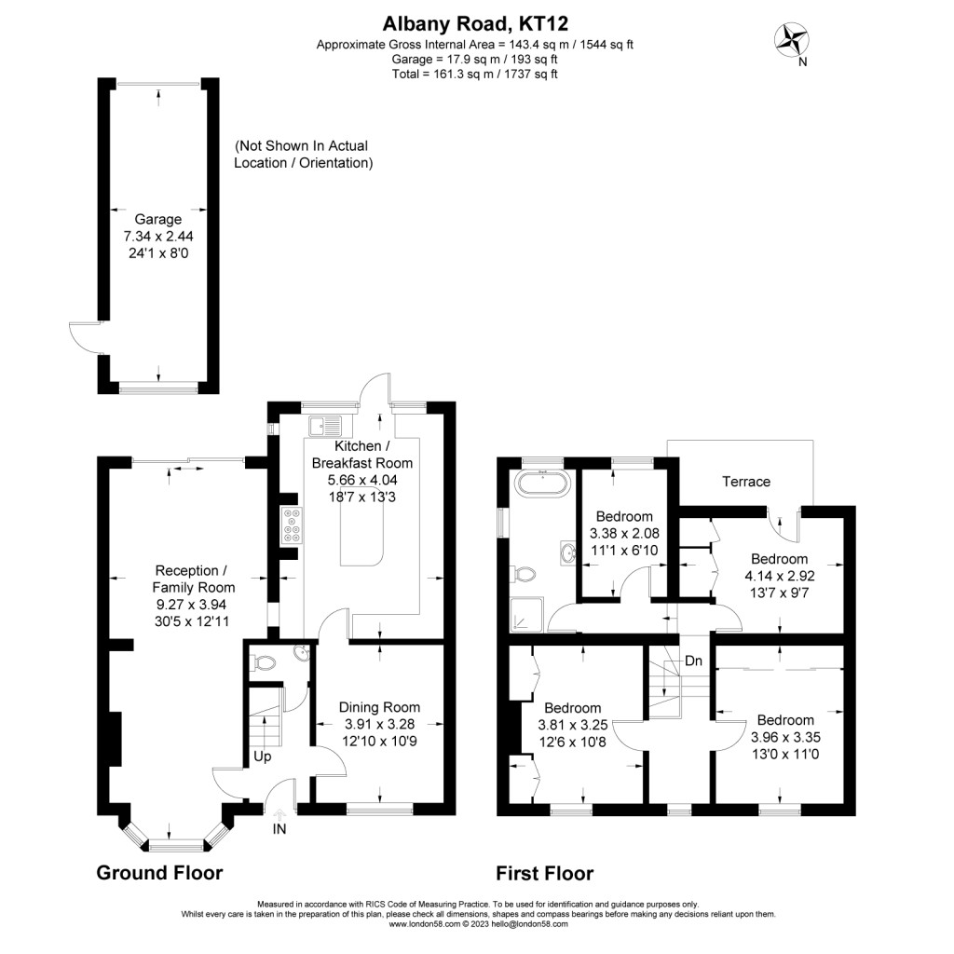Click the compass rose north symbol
click(794, 39)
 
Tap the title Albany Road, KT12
click(476, 24)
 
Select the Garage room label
click(157, 220)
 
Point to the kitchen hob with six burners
click(291, 526)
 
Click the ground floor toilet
click(265, 664)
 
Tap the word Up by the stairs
click(263, 756)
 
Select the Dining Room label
click(379, 707)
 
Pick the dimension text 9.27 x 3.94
click(193, 605)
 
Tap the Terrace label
click(747, 482)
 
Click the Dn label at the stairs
click(693, 661)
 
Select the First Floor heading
click(544, 874)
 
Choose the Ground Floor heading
click(159, 874)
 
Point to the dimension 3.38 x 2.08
click(623, 534)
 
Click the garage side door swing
click(83, 337)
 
